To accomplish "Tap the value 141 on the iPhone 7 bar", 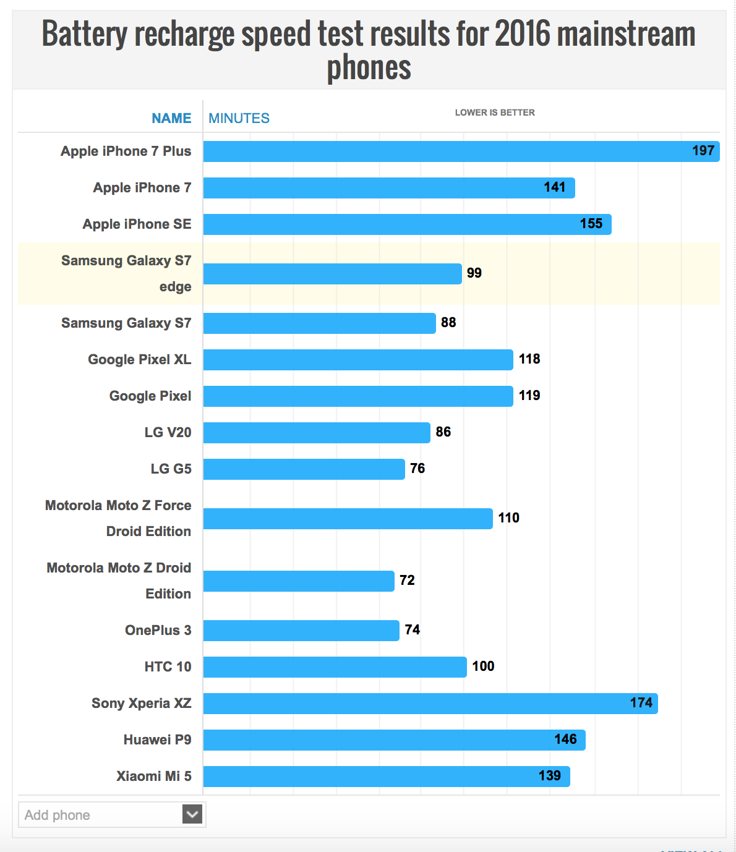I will [x=555, y=187].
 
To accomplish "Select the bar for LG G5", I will [x=304, y=469].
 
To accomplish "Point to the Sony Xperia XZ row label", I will [x=142, y=703].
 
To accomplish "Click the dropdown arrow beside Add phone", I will [x=192, y=814].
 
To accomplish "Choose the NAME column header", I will [x=171, y=118].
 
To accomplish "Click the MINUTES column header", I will [x=239, y=118].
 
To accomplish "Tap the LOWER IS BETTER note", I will [x=495, y=113].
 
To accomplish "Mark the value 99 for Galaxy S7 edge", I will [x=474, y=273].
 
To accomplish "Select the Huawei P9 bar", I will [x=394, y=740].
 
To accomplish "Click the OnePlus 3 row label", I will [x=158, y=630].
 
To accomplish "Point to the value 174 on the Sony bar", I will [x=641, y=703].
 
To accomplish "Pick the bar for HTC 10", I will [x=335, y=667].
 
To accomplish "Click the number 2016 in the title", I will [x=522, y=34].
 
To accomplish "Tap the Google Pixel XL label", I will [x=140, y=359].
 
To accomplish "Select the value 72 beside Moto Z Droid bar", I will [x=407, y=581].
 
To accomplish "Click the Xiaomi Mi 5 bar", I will [x=387, y=777].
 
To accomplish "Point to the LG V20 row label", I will [x=168, y=432].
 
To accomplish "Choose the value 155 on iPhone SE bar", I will [x=591, y=224].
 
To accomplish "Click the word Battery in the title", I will [x=85, y=34].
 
